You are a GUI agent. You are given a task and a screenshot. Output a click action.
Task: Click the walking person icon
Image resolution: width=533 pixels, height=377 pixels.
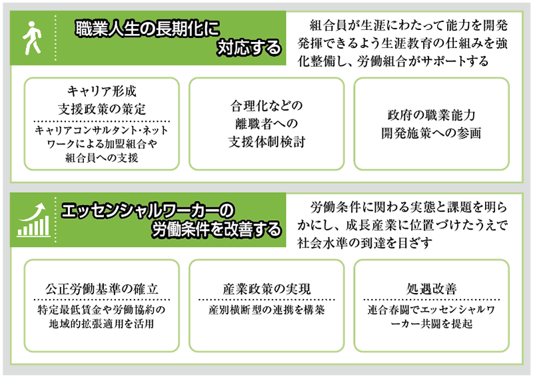(31, 39)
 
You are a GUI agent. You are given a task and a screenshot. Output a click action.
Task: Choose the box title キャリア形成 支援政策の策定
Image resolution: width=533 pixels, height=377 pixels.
(102, 98)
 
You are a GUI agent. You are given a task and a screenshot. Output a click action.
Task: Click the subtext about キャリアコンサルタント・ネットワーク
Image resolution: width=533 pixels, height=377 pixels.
(102, 144)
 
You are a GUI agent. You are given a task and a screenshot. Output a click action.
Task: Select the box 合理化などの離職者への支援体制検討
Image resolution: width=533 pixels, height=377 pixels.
(266, 124)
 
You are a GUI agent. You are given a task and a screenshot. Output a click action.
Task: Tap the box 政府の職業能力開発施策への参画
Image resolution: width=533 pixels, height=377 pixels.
(431, 123)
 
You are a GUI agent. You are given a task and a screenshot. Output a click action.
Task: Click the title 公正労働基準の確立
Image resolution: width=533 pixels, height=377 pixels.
(102, 288)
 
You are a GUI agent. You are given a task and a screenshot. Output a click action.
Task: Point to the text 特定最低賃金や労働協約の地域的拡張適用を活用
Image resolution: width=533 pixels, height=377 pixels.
(102, 318)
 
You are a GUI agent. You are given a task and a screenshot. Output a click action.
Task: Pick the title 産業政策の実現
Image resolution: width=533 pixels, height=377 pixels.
(266, 288)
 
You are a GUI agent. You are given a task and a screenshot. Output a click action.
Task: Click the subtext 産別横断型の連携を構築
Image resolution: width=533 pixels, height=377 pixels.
(266, 311)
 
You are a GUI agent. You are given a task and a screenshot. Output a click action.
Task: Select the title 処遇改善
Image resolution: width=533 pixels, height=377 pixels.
(431, 288)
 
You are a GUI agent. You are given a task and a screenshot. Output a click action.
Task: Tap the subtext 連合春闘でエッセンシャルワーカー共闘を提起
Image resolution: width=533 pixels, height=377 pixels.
(431, 318)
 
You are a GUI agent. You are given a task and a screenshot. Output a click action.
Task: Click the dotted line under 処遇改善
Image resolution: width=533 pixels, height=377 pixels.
(431, 300)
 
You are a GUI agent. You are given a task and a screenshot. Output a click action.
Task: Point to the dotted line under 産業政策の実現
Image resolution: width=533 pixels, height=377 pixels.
(266, 300)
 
